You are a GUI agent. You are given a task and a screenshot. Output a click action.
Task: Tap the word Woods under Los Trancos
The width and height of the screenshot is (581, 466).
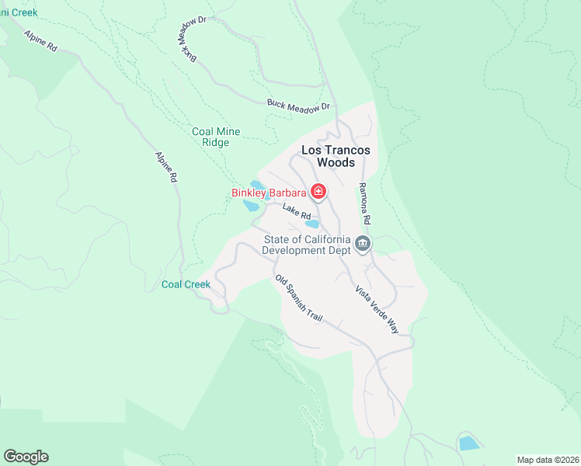[336, 163]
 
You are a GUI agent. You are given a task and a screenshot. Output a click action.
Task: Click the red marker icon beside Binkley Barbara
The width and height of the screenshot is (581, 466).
[318, 191]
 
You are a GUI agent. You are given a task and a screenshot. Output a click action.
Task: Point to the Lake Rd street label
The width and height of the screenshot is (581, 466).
[297, 210]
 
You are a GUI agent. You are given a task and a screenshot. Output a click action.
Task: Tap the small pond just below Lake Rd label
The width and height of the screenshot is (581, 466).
[312, 224]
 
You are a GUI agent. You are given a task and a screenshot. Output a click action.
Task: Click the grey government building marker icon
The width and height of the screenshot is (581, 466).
[363, 245]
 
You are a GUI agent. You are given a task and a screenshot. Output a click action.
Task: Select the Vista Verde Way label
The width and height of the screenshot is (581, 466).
[377, 309]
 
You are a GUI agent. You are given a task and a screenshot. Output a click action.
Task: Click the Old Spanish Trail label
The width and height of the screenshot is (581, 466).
[297, 299]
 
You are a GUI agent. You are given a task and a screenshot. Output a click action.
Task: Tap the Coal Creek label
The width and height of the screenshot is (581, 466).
[186, 284]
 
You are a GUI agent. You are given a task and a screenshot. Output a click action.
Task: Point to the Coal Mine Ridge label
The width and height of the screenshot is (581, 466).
[216, 137]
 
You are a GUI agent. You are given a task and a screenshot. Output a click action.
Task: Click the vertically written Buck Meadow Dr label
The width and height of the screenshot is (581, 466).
[187, 43]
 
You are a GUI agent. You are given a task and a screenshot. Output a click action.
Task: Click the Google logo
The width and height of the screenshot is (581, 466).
[26, 457]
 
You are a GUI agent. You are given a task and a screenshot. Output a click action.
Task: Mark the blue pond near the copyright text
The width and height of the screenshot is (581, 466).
[468, 443]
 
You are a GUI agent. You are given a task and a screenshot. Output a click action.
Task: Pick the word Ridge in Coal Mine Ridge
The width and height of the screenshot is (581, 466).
[216, 143]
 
